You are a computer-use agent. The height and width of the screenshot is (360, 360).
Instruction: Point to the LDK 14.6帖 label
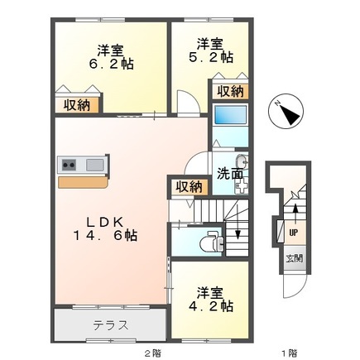(x=107, y=228)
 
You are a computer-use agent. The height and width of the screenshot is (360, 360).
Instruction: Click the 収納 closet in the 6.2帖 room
(x=77, y=104)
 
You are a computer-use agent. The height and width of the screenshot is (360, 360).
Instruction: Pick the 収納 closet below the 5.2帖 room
(x=230, y=91)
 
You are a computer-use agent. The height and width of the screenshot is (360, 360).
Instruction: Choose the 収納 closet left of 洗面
(x=189, y=186)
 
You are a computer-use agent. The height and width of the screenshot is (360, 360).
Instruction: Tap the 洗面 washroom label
(x=229, y=174)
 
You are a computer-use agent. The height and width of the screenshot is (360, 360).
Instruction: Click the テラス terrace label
(x=109, y=324)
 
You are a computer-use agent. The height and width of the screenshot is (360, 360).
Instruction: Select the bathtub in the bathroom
(x=230, y=116)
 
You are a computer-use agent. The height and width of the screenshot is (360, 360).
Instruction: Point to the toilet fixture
(x=209, y=243)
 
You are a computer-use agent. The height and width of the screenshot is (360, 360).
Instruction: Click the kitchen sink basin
(x=94, y=165)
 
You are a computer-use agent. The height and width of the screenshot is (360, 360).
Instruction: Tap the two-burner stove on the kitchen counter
(x=69, y=165)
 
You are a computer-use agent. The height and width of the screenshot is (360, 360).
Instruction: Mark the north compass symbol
(x=289, y=113)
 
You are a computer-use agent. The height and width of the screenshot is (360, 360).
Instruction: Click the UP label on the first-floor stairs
(x=293, y=231)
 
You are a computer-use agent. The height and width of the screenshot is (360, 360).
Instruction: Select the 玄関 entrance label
(x=295, y=257)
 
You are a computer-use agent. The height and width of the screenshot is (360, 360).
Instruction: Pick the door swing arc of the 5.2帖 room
(x=185, y=100)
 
